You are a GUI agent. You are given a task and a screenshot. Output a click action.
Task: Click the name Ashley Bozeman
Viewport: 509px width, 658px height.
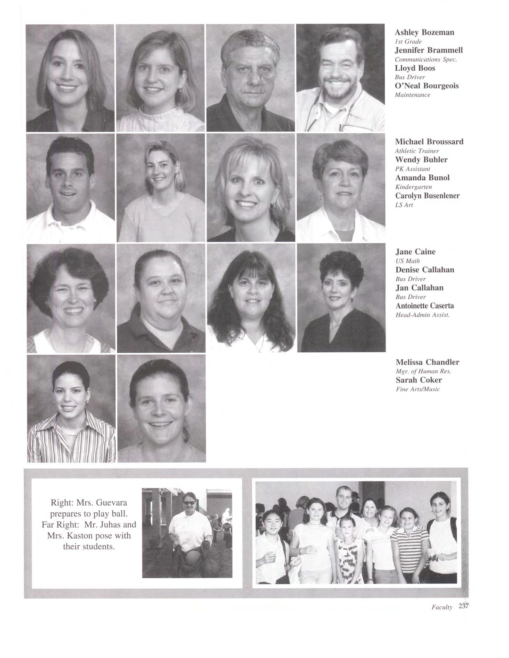click(x=424, y=32)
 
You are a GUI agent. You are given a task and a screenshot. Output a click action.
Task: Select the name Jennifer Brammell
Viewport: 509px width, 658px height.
click(x=429, y=50)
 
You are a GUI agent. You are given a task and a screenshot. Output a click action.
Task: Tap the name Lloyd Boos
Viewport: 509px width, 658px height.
click(x=415, y=68)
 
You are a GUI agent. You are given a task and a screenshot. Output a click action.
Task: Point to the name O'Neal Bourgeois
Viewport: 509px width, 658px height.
click(x=427, y=86)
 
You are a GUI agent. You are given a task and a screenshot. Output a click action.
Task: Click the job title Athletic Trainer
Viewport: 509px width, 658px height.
click(x=417, y=151)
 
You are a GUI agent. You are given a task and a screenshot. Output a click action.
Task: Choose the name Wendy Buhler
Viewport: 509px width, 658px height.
click(x=421, y=160)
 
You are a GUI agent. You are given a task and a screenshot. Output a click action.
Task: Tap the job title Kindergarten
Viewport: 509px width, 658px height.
click(x=414, y=187)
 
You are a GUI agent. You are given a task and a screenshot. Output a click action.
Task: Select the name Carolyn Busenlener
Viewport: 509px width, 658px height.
click(x=427, y=196)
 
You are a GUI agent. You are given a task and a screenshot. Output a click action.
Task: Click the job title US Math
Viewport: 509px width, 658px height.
click(x=408, y=261)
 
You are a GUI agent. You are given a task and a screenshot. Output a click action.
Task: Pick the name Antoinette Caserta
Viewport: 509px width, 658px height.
click(x=425, y=306)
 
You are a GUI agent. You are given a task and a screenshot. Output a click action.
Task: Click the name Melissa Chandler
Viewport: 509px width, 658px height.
click(x=427, y=362)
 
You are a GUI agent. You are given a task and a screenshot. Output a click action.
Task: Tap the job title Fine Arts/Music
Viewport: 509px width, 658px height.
click(x=418, y=389)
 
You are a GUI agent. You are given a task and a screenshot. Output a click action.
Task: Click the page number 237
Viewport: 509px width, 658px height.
click(x=464, y=606)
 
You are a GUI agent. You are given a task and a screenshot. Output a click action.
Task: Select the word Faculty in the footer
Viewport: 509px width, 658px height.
click(x=442, y=607)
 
